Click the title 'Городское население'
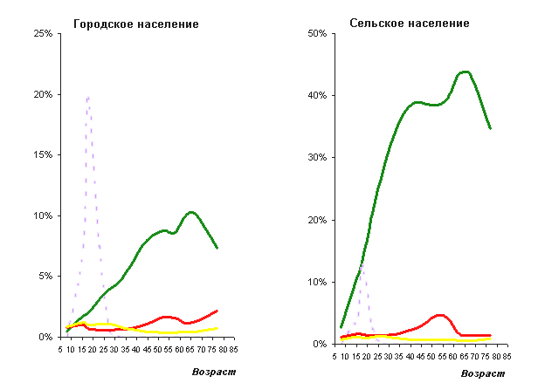pos(135,24)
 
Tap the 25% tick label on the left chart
pos(42,33)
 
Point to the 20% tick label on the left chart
pos(42,94)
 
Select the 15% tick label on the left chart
pos(42,154)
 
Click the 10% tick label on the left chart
pos(42,215)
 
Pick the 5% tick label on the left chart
pos(45,276)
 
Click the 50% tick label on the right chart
pos(315,33)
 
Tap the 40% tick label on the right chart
pos(315,95)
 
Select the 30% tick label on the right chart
pos(315,157)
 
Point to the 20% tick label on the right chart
pos(315,219)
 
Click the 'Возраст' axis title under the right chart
pos(482,373)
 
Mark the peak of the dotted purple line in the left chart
pos(87,97)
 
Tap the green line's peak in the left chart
pos(191,212)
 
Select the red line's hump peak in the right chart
pos(439,315)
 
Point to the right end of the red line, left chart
pos(217,310)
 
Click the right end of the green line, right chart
pos(491,128)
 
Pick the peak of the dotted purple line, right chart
pos(361,263)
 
